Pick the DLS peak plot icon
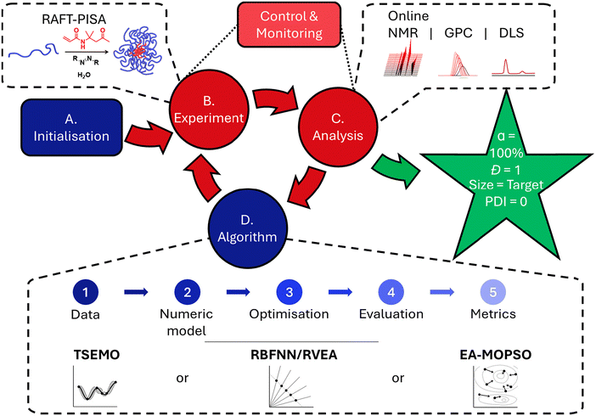pos(505,67)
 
